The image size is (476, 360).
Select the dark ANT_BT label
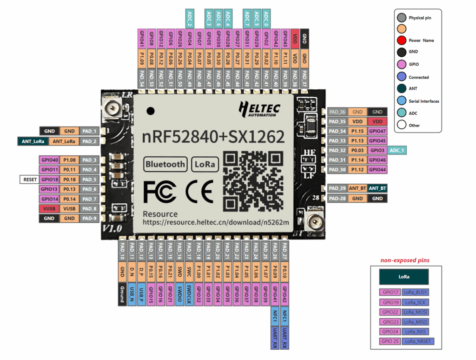[x=377, y=188]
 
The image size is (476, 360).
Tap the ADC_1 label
[x=397, y=150]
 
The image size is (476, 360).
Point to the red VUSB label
[x=49, y=209]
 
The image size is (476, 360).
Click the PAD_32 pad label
[x=337, y=150]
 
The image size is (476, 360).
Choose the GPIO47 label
[x=377, y=131]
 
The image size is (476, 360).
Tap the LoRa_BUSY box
[x=416, y=292]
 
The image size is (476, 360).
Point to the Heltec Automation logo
[x=259, y=109]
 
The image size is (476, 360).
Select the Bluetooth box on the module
[x=165, y=164]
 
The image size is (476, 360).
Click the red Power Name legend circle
[x=402, y=40]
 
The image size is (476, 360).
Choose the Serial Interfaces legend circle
[x=402, y=101]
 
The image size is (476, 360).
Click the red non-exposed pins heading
[x=405, y=260]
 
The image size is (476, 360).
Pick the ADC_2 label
[x=189, y=18]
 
